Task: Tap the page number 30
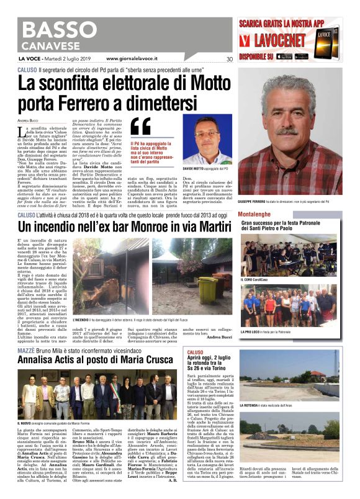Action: coord(229,60)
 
